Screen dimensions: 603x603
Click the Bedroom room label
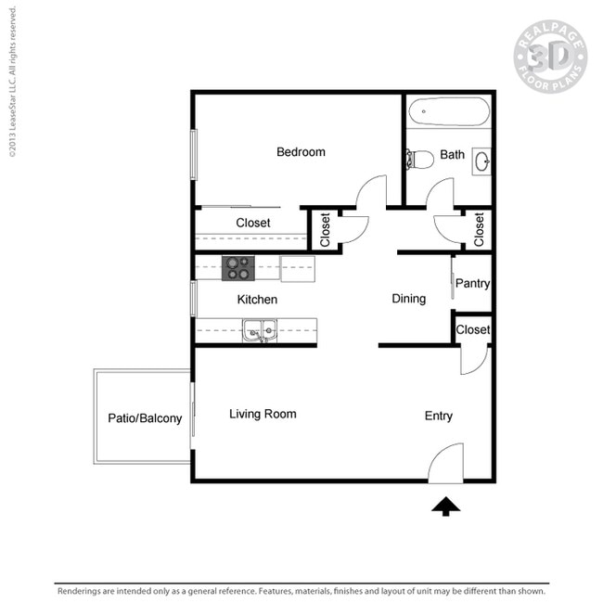click(x=301, y=152)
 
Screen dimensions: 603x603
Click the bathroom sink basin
click(x=482, y=161)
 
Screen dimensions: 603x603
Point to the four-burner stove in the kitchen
click(x=237, y=268)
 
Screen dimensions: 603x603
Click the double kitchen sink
click(x=259, y=329)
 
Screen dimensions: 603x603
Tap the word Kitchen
click(x=257, y=300)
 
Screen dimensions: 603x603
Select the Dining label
click(x=408, y=299)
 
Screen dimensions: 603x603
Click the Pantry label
click(x=473, y=284)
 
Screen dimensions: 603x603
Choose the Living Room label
click(x=263, y=414)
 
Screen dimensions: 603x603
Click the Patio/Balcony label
click(x=145, y=418)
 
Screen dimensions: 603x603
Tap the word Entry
click(x=439, y=416)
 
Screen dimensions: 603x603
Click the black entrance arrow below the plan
click(x=446, y=507)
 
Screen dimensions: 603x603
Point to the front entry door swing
click(x=446, y=462)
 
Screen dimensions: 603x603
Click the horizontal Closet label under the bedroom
click(x=253, y=223)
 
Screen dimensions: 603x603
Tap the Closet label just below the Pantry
click(x=473, y=329)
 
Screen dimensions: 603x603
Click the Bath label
click(x=453, y=155)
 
